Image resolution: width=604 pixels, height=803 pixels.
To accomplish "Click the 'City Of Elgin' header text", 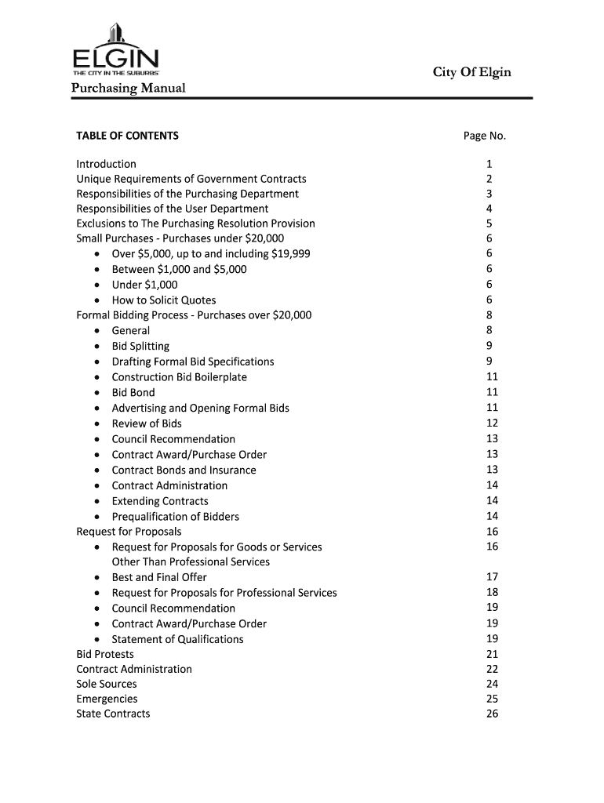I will click(x=471, y=73).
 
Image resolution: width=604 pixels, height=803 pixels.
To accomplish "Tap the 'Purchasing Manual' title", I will click(x=129, y=88).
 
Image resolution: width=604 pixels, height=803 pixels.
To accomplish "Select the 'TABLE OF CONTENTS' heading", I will click(x=127, y=136).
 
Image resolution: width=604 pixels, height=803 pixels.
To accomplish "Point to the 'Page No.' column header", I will click(x=485, y=136).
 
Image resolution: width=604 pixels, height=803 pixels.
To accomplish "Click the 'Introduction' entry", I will click(x=106, y=164).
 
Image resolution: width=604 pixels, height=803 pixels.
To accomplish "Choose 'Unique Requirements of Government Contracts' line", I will click(x=191, y=180).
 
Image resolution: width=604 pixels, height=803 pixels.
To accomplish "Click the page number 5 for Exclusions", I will click(x=489, y=223).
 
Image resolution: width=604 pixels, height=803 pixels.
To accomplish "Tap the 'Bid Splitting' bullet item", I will click(x=140, y=346).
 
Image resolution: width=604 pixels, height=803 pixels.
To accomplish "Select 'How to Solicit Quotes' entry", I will click(x=164, y=300).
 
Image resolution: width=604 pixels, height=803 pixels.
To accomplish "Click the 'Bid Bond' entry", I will click(x=133, y=392).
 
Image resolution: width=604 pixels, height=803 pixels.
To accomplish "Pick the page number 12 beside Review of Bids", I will click(x=493, y=423).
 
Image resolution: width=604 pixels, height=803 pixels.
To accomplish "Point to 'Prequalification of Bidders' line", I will click(x=176, y=516).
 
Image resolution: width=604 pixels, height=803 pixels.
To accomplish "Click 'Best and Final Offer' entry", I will click(x=159, y=577).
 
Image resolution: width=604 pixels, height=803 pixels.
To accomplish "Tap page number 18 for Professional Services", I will click(x=493, y=592).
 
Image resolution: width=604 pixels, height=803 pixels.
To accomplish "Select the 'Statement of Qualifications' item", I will click(x=177, y=639).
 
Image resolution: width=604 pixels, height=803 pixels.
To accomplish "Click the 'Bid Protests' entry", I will click(x=105, y=654).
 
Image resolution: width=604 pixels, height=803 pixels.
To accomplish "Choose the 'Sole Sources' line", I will click(x=106, y=684).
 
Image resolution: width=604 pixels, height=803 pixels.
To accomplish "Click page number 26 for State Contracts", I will click(x=493, y=714).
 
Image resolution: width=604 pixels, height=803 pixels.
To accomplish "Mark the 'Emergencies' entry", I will click(x=107, y=699).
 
